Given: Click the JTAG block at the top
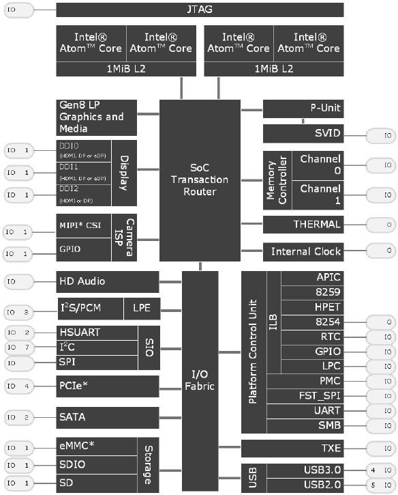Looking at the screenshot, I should click(200, 10).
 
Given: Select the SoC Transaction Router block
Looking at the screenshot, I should click(200, 181).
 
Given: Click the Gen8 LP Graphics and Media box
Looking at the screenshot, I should click(96, 117).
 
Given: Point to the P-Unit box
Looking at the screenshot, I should click(303, 109).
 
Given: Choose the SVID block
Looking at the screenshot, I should click(303, 134).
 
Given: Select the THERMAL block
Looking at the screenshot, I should click(303, 225).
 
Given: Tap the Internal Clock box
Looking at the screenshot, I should click(303, 251).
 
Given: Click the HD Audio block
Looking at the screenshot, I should click(107, 281).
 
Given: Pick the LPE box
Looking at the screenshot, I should click(142, 309).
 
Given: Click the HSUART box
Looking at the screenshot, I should click(97, 333).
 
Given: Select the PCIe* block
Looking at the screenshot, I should click(107, 386).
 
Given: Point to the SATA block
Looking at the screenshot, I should click(107, 416).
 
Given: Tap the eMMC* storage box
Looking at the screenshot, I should click(97, 447).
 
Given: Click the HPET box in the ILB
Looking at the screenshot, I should click(313, 307).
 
